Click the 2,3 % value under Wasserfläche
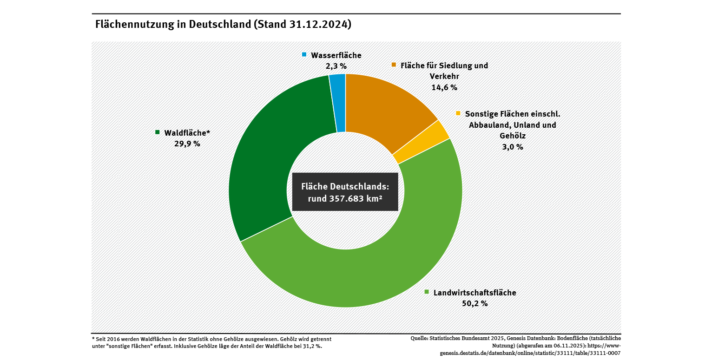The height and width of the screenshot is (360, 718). [x=336, y=66]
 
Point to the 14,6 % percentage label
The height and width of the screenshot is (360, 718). [x=444, y=87]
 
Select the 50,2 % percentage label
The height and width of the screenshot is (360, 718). [x=474, y=303]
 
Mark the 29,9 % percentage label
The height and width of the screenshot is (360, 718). [x=187, y=144]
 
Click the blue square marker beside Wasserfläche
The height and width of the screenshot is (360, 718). [x=304, y=55]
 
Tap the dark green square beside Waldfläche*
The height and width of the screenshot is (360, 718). [x=158, y=132]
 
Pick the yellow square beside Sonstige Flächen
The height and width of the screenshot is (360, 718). [x=458, y=113]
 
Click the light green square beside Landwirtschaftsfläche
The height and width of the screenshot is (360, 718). [x=427, y=292]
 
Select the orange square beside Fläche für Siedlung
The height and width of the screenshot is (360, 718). [x=394, y=65]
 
